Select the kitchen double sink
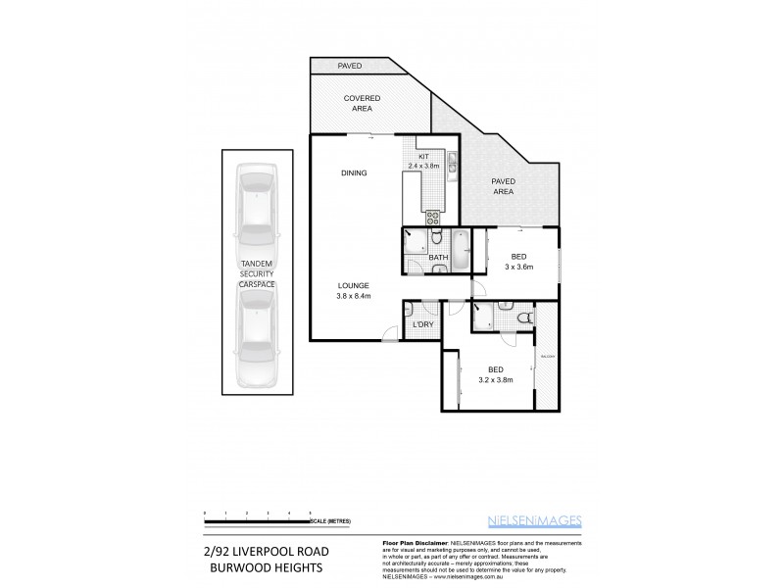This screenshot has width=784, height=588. click(452, 163)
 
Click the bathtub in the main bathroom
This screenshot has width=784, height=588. click(461, 250)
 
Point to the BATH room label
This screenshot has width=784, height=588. click(438, 258)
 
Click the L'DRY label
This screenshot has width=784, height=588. click(423, 324)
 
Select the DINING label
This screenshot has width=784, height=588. click(354, 173)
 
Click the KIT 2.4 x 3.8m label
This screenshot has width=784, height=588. click(423, 162)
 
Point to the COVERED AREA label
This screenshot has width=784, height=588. click(361, 104)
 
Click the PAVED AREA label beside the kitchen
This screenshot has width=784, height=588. click(503, 187)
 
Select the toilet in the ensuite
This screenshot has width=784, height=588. click(524, 317)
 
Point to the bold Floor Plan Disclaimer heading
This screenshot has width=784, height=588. click(414, 542)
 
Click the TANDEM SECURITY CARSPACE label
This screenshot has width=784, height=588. click(257, 272)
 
